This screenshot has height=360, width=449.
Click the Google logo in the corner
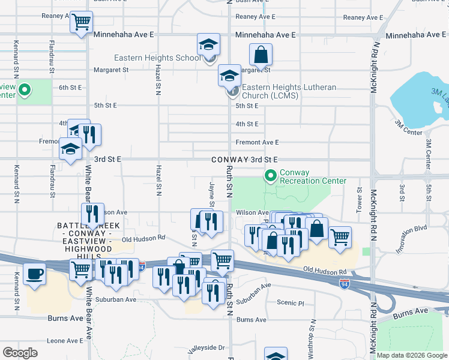coord(20,353)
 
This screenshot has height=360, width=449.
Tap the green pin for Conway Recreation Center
coord(271,176)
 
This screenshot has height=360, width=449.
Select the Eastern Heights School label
coord(158,58)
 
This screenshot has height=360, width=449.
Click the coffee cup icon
coord(34,274)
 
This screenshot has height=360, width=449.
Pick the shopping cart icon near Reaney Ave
coord(81,23)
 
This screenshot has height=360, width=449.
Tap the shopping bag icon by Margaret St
coord(261,55)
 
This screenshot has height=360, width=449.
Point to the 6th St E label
coord(70,88)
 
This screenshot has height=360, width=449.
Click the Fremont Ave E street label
coord(257,142)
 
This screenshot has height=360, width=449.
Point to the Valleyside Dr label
coord(205,347)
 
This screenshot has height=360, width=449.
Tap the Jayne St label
coord(211,196)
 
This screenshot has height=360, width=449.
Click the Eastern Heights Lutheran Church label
coord(289,91)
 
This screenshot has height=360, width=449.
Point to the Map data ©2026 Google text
coord(411,355)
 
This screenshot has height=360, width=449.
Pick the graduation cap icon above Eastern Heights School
coord(208,44)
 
